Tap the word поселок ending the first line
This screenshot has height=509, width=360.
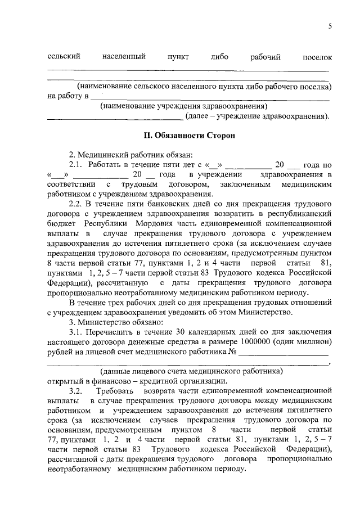317,57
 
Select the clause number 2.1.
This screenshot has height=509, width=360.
75,165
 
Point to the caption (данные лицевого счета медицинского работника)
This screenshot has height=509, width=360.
191,371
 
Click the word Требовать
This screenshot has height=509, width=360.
115,390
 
